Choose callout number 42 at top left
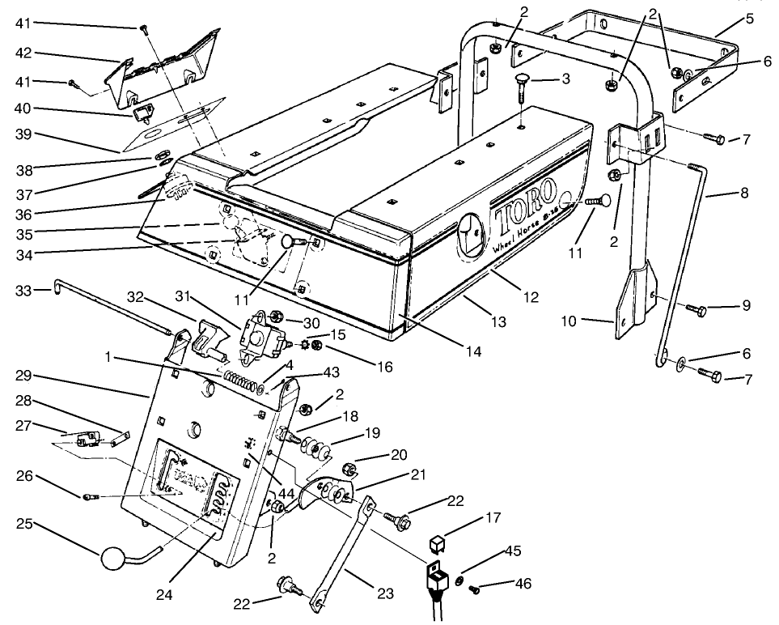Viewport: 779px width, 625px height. click(x=23, y=55)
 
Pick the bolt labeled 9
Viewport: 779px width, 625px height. click(x=697, y=309)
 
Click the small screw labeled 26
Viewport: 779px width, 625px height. click(x=89, y=496)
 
